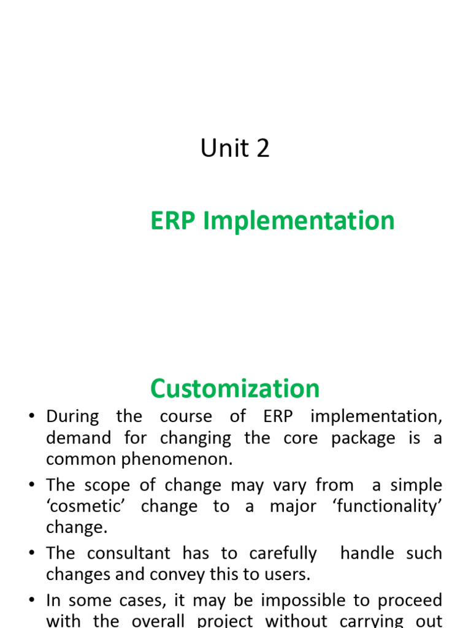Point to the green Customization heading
tap(235, 389)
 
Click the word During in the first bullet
tap(72, 416)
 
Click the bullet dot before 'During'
tap(31, 417)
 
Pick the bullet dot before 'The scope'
tap(31, 486)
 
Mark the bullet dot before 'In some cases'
tap(31, 600)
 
